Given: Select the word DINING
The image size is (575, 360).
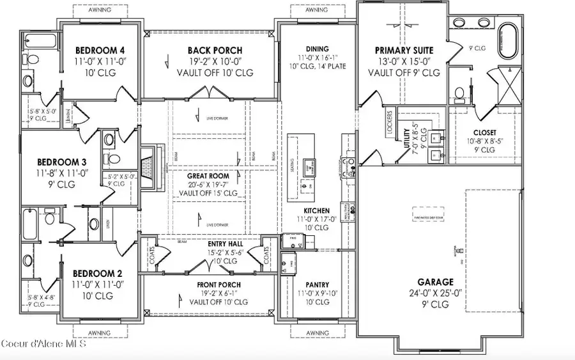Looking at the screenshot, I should (317, 49).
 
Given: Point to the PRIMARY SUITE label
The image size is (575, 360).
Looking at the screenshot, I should (404, 50).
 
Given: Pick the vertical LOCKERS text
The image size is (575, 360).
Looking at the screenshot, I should (389, 122).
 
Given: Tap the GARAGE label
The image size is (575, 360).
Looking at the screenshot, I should (436, 281).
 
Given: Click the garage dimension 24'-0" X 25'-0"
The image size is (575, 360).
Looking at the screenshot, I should (436, 293).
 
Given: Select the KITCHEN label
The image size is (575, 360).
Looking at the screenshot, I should (317, 210).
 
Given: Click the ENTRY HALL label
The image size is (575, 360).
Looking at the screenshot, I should (223, 244).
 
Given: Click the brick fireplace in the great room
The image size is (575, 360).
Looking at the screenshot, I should (149, 167).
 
